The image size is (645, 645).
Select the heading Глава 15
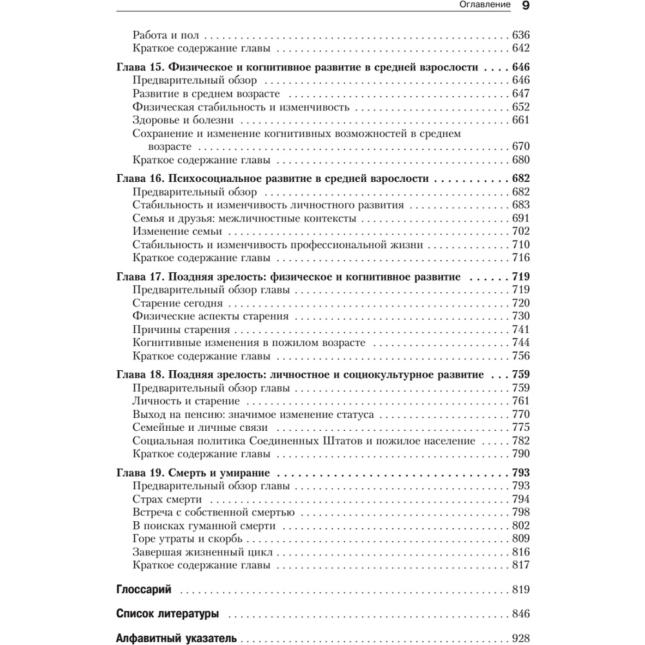tap(297, 67)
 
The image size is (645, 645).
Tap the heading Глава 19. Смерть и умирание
tap(192, 473)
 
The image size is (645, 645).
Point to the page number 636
tap(520, 35)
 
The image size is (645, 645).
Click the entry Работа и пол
tap(165, 35)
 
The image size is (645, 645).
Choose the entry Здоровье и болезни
tap(183, 120)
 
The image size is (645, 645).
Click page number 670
tap(520, 146)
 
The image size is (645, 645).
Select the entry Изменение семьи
tap(177, 232)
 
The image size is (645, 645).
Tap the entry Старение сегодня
tap(177, 303)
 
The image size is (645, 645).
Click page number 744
tap(520, 342)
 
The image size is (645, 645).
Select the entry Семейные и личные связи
tap(200, 428)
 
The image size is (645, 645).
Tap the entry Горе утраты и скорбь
tap(187, 539)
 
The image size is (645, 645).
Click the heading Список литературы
tap(167, 613)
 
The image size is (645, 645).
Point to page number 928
tap(520, 639)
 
